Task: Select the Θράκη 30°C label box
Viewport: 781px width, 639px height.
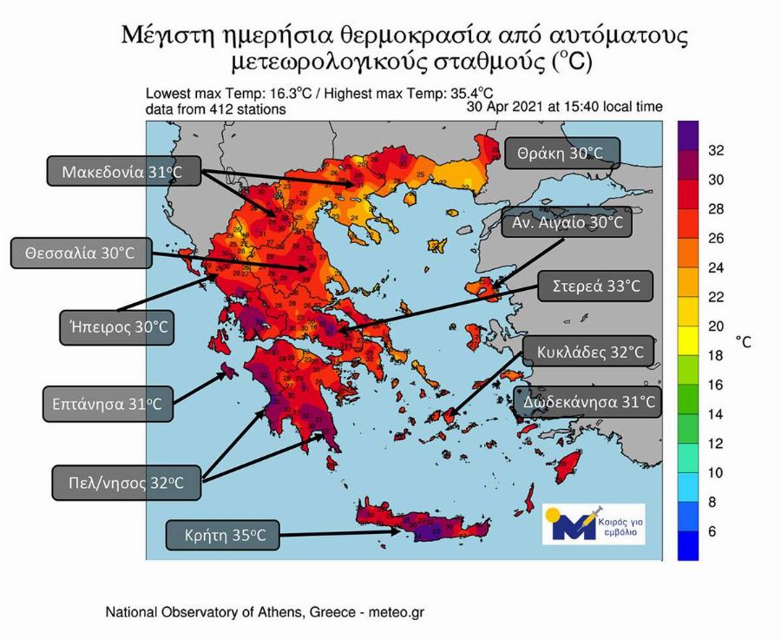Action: [562, 153]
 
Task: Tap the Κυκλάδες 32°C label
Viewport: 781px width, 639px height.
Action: [587, 353]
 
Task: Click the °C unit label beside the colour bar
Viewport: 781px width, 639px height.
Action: [744, 342]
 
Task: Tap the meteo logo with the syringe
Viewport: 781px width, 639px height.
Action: [593, 524]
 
